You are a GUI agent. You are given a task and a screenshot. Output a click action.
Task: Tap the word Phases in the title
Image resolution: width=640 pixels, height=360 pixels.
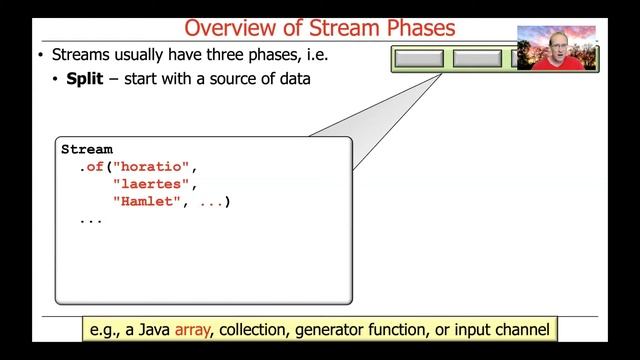click(x=413, y=26)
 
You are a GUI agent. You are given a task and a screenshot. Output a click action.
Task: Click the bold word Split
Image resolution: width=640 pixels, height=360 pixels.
click(x=85, y=79)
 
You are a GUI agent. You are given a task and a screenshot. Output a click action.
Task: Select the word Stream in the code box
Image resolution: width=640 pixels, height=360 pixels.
click(x=87, y=149)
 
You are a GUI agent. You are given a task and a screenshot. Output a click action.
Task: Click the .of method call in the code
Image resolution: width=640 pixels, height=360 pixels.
click(x=94, y=166)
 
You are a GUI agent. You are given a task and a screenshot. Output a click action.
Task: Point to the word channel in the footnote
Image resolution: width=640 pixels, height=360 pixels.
click(x=515, y=328)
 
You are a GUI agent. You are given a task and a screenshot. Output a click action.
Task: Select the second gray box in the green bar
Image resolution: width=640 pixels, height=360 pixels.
click(x=477, y=58)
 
